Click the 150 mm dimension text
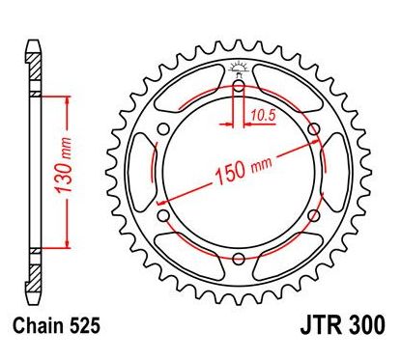click(237, 170)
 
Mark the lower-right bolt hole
click(313, 214)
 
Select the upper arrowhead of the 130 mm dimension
click(66, 98)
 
